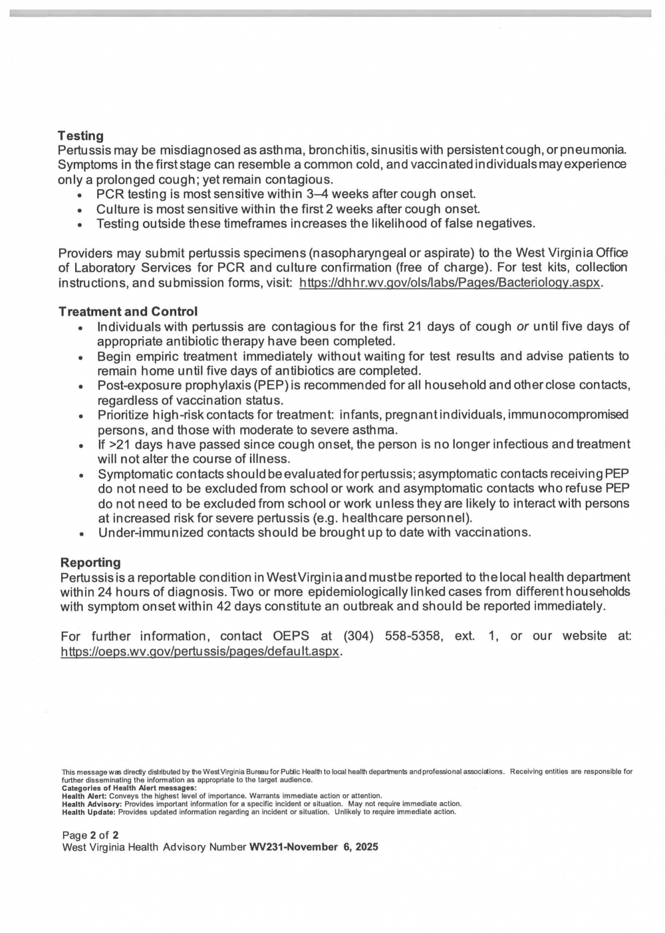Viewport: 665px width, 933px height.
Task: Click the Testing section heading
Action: (x=80, y=136)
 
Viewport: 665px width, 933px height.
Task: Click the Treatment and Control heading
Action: (x=128, y=312)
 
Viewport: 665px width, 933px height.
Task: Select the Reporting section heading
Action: (x=90, y=562)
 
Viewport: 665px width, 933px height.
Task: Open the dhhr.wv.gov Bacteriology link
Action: (x=450, y=282)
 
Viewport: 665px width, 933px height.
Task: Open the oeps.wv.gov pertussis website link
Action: (x=200, y=651)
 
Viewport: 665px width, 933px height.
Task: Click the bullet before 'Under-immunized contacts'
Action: (x=80, y=534)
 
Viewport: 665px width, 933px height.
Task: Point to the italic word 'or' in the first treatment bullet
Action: (x=523, y=326)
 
